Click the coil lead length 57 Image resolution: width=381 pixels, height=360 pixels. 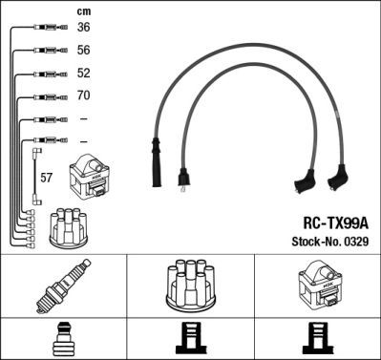click(47, 177)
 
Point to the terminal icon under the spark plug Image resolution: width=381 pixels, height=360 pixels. click(64, 339)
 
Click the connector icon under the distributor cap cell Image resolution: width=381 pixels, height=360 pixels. click(190, 339)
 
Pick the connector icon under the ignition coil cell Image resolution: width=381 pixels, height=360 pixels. click(318, 339)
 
